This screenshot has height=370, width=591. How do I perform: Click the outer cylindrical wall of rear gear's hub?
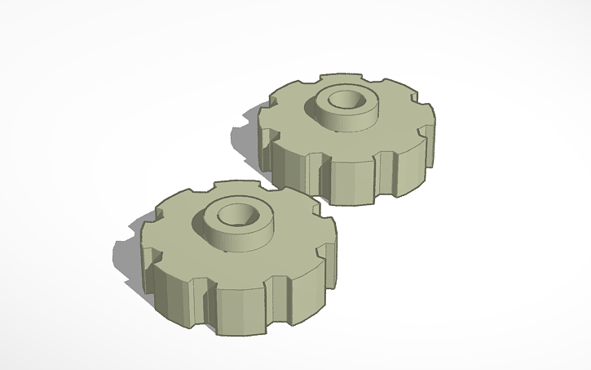pyautogui.click(x=342, y=119)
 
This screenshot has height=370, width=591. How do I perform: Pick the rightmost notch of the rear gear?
pyautogui.click(x=426, y=131)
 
